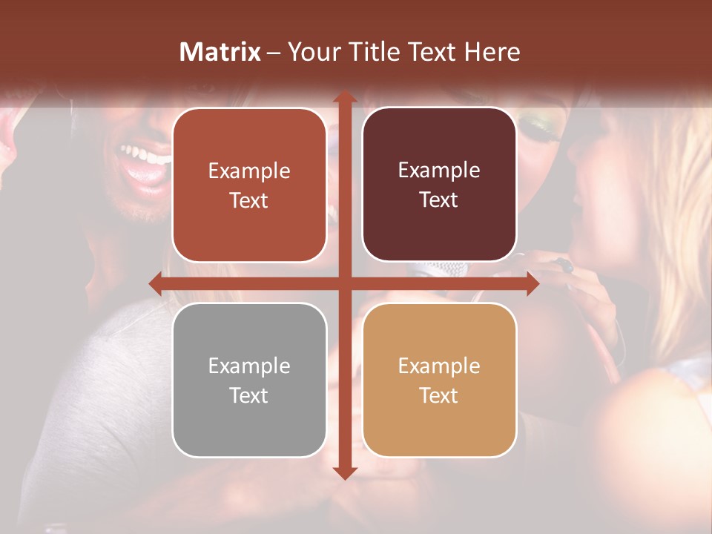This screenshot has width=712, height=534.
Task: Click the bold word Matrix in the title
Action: [x=220, y=52]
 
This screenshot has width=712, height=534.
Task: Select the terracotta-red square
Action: [x=249, y=185]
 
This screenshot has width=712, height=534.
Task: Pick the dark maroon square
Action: [x=439, y=185]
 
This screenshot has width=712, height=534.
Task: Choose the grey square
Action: [x=249, y=380]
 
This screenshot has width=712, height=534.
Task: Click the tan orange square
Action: [x=439, y=380]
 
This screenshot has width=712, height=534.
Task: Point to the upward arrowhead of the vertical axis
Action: [x=344, y=97]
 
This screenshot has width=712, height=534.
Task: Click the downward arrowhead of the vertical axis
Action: [x=344, y=473]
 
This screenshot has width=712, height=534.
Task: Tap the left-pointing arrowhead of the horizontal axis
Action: [x=155, y=283]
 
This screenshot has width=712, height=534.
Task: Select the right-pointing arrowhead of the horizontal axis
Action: [x=533, y=283]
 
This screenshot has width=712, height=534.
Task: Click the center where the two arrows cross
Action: [x=344, y=283]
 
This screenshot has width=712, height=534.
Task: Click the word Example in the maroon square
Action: [x=439, y=170]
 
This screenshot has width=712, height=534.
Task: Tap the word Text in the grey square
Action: [x=249, y=395]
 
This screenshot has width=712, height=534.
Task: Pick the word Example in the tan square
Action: [x=439, y=366]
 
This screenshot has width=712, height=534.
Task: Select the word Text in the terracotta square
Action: [x=249, y=200]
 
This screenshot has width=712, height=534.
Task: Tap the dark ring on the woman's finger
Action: [x=565, y=265]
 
